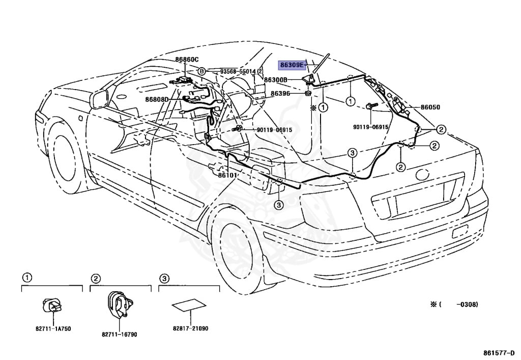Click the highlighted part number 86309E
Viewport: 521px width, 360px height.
click(291, 65)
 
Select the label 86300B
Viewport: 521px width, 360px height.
click(275, 80)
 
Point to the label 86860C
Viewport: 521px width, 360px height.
click(187, 60)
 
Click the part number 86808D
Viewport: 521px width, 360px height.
click(157, 99)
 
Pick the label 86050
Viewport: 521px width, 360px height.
click(430, 107)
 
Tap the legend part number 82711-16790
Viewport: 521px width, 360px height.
click(120, 335)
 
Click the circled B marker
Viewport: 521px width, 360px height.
click(201, 71)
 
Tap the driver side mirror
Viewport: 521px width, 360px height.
click(98, 100)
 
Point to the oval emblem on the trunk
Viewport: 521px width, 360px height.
click(422, 174)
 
